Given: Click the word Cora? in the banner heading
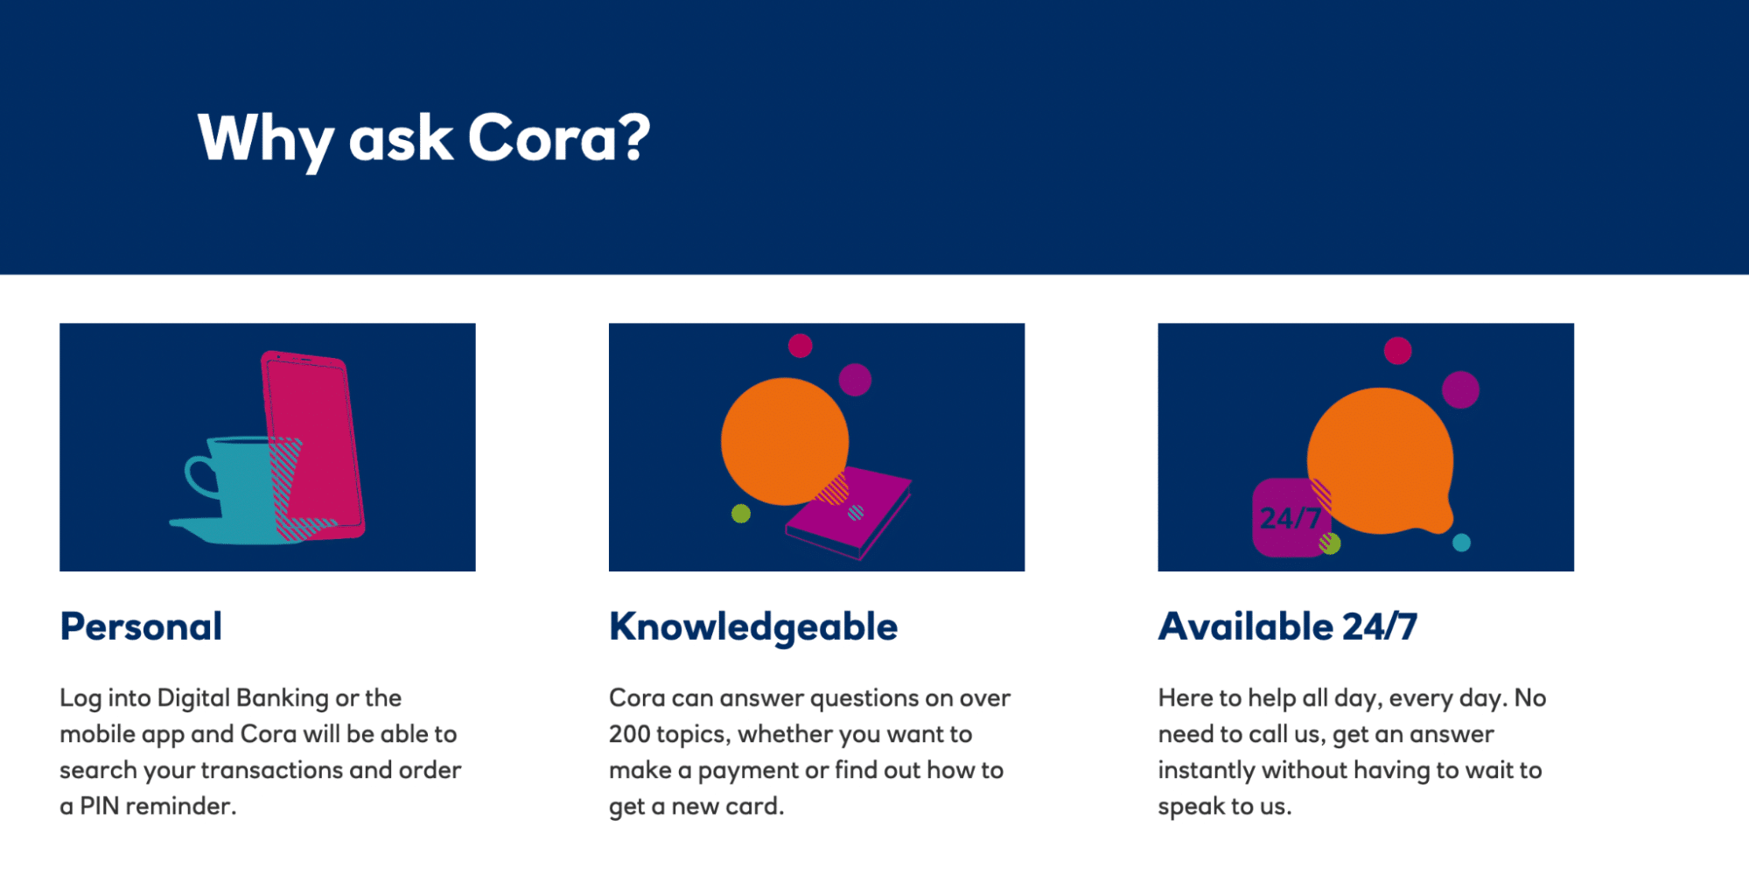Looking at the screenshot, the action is (x=559, y=137).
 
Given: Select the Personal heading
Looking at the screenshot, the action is (x=141, y=627).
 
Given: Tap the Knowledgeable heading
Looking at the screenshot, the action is (x=753, y=627).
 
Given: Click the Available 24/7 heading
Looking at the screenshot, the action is (x=1288, y=627).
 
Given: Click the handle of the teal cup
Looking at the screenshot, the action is (x=199, y=476).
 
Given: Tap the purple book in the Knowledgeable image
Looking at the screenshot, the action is (x=849, y=512).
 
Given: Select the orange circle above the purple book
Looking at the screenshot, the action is (x=785, y=441).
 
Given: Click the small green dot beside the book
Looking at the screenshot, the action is (x=741, y=514).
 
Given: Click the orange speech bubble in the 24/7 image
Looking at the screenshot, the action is (x=1381, y=461).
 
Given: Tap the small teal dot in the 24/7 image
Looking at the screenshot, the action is (x=1461, y=543).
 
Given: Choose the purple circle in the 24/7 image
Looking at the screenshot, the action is (x=1460, y=389).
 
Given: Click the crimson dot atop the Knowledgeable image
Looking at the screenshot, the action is (x=800, y=346).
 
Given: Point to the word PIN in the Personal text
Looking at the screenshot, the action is (x=100, y=806).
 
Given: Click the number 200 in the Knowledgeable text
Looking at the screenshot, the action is (x=629, y=734).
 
